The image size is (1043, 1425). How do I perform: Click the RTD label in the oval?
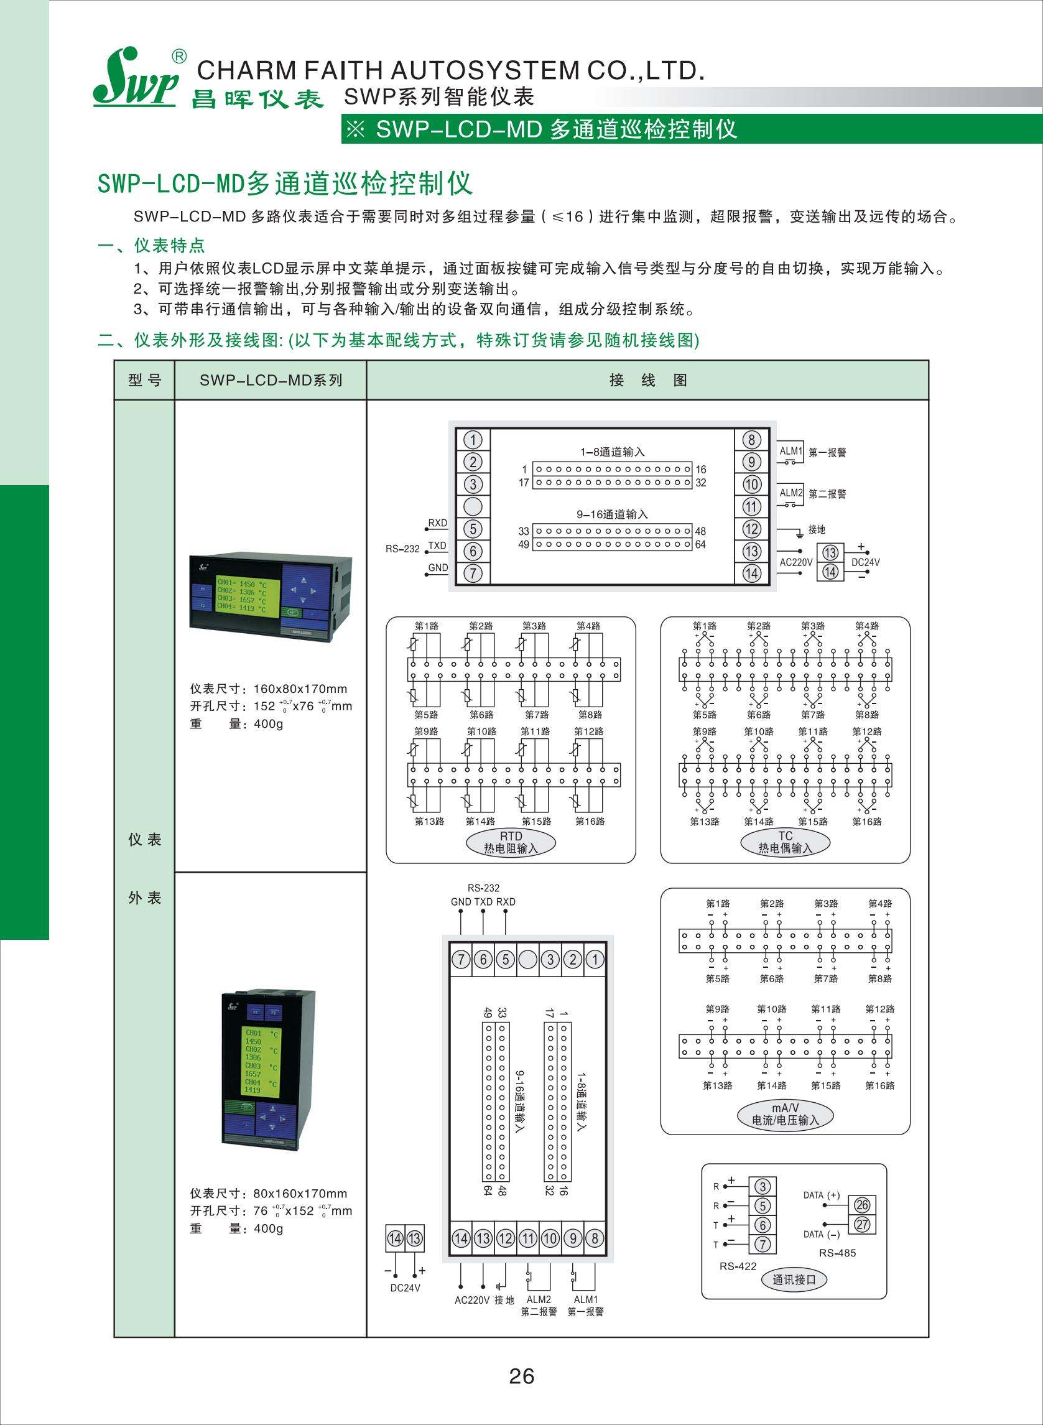(x=511, y=836)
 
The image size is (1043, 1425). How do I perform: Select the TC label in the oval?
(x=786, y=836)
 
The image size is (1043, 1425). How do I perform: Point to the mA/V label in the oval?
(x=786, y=1108)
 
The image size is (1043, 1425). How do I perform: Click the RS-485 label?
(x=837, y=1253)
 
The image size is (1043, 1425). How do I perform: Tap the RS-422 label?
(x=738, y=1266)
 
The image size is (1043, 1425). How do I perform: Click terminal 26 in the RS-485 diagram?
(x=862, y=1205)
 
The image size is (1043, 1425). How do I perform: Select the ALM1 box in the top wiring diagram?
(x=790, y=452)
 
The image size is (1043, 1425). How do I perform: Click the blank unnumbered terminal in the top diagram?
(x=473, y=506)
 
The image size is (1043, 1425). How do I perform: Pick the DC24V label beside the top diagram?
(x=866, y=562)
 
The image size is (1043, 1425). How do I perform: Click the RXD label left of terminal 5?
(x=437, y=523)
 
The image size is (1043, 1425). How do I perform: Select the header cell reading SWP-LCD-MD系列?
(x=271, y=380)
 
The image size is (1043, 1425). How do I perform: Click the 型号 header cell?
(x=144, y=380)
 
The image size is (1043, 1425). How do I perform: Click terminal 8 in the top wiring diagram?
(x=751, y=440)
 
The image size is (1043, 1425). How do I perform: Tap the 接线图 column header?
(x=648, y=380)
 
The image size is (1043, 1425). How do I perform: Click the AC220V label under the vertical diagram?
(x=472, y=1300)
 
